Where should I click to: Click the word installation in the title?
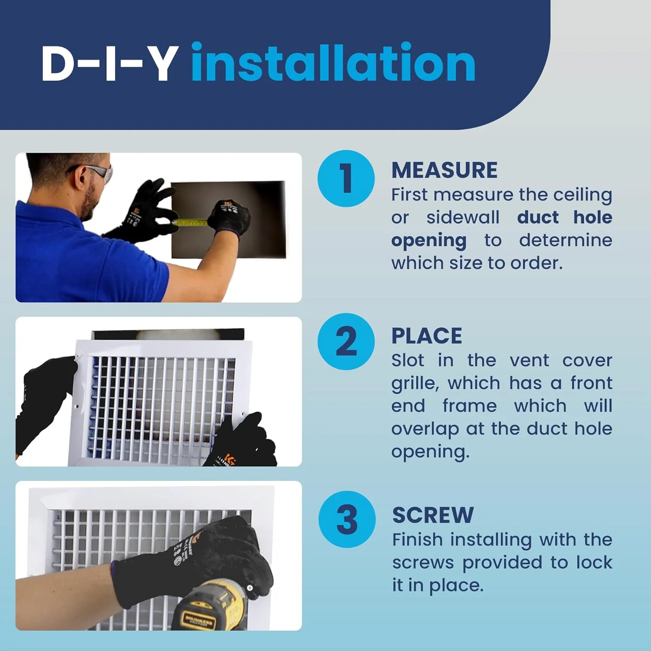click(x=333, y=62)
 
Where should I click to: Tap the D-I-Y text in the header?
click(x=110, y=64)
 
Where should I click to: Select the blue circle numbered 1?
click(x=346, y=178)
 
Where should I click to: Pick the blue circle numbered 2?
click(x=346, y=342)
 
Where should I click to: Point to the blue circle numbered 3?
click(x=347, y=519)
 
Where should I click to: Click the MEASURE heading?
click(x=444, y=170)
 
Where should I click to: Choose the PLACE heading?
click(x=427, y=336)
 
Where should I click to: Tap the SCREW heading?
click(x=433, y=515)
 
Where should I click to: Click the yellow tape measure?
click(x=191, y=223)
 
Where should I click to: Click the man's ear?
click(x=81, y=178)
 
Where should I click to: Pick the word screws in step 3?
click(x=423, y=563)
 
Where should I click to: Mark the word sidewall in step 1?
click(x=463, y=217)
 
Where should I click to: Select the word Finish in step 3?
click(x=418, y=540)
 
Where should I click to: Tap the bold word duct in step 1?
click(x=538, y=217)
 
